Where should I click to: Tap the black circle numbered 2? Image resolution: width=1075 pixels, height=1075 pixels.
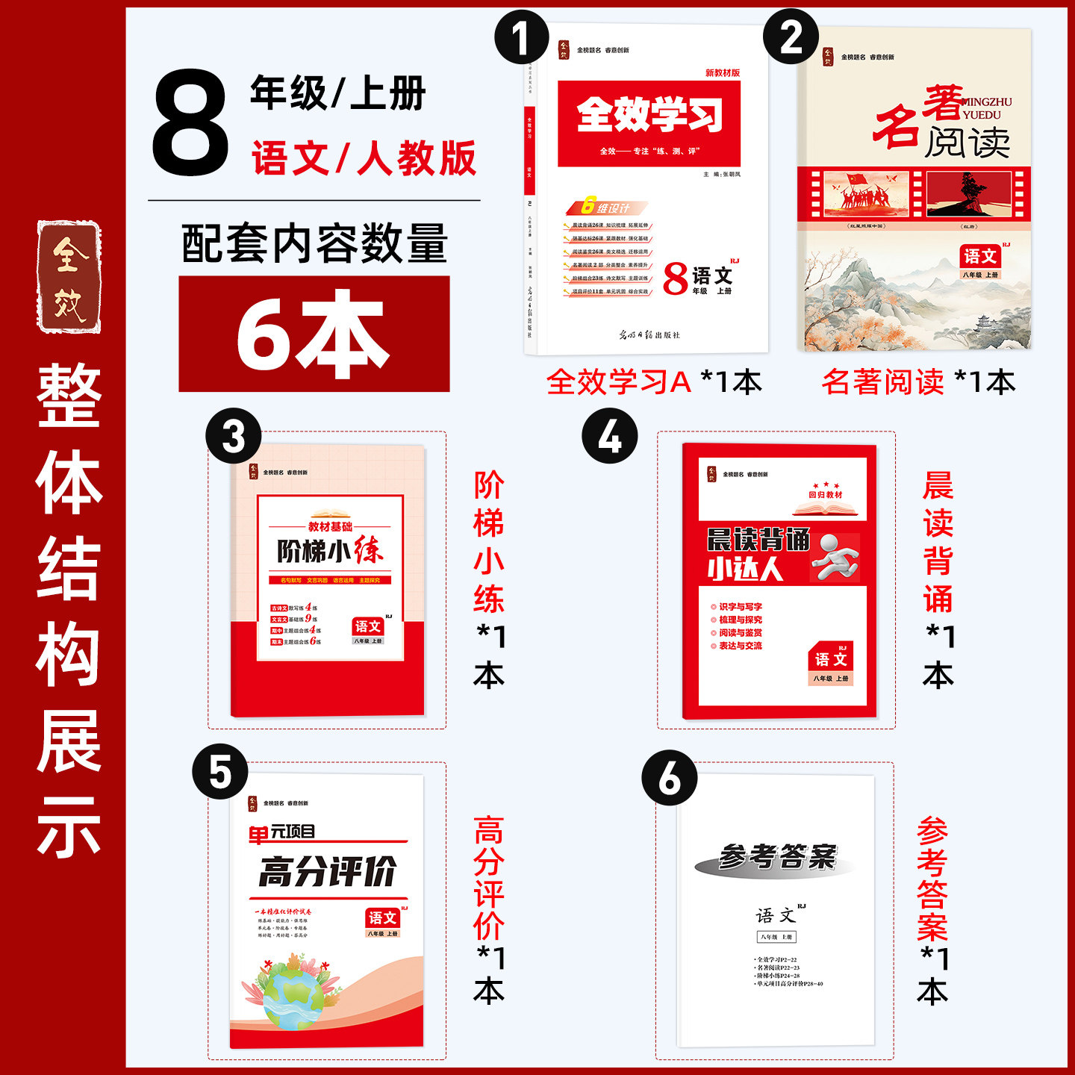(x=791, y=36)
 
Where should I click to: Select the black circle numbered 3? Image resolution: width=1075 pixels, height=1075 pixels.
(x=234, y=436)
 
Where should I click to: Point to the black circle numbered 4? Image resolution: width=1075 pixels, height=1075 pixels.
(x=610, y=436)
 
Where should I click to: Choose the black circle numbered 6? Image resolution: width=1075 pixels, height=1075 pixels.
(x=670, y=778)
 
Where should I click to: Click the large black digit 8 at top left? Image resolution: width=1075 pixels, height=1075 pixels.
(x=190, y=124)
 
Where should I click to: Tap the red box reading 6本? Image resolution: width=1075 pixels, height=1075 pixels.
(x=314, y=334)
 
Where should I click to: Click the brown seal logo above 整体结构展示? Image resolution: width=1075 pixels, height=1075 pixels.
(x=69, y=277)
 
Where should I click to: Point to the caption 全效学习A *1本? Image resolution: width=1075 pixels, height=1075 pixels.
(x=654, y=382)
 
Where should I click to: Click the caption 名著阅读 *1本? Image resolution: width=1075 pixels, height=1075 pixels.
(x=918, y=382)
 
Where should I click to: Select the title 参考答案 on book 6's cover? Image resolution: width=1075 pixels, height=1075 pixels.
(x=776, y=857)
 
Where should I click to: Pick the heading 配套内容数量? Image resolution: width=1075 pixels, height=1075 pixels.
(x=314, y=244)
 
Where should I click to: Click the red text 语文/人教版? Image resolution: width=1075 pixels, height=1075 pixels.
(x=364, y=159)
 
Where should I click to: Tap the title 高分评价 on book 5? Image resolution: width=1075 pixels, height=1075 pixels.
(x=327, y=871)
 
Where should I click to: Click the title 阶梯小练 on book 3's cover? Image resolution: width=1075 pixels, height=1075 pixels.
(x=329, y=551)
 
